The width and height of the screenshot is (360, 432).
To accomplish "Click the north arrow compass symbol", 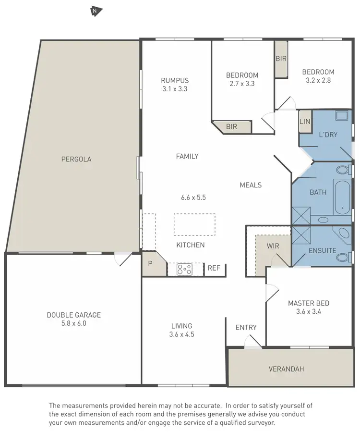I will [96, 10].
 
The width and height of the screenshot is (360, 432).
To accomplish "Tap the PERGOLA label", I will [76, 159].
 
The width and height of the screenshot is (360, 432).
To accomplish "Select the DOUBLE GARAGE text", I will [73, 315].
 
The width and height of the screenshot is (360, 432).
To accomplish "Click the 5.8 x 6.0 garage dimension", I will [73, 323].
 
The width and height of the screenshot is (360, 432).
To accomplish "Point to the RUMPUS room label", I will [175, 81].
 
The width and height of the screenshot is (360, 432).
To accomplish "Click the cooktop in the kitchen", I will [184, 269].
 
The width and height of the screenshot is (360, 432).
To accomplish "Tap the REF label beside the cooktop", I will [213, 268].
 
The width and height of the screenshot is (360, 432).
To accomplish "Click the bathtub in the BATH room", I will [342, 197].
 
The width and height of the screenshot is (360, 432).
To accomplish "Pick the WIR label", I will [273, 246].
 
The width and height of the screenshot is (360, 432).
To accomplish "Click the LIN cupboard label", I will [305, 122].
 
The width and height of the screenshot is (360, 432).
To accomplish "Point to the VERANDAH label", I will [286, 369].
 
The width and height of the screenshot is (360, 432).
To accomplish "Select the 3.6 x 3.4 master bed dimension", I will [308, 311].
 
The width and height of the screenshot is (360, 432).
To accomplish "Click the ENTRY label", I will [246, 327].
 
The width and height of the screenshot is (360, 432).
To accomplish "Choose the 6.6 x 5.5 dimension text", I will [193, 197].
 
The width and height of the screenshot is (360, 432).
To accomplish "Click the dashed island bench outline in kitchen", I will [194, 224].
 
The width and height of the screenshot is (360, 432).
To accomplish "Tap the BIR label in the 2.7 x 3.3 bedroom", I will [231, 127].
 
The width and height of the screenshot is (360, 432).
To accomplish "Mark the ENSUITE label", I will [323, 250].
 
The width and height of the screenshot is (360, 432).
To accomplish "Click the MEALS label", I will [251, 185].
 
